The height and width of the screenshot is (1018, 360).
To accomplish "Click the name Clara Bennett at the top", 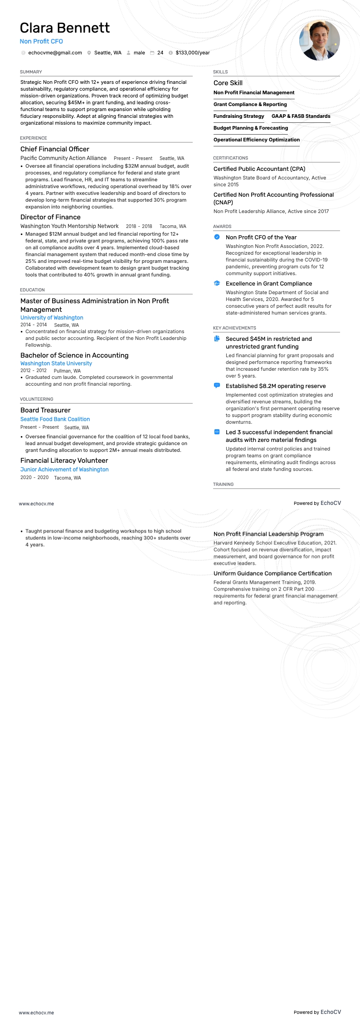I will point(64,28).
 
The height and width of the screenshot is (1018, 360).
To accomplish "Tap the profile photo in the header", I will point(319,40).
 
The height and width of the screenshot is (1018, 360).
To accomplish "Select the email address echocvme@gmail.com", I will point(55,53).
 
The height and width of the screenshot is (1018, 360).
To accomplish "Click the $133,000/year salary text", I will point(192,53).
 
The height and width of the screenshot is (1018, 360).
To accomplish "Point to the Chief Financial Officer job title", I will point(55,149).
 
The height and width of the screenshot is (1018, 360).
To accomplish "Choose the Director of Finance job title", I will point(50,217).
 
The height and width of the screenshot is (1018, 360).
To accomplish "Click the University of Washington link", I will point(52,318).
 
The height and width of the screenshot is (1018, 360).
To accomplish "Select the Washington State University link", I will point(56,364).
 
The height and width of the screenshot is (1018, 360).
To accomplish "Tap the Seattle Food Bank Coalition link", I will point(55,419).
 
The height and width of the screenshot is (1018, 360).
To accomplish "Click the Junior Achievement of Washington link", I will point(64,470).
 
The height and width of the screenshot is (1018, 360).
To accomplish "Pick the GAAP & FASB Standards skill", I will point(301,116).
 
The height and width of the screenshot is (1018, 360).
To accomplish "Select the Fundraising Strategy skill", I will point(238,116).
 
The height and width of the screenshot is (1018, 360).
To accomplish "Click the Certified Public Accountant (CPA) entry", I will point(259,169).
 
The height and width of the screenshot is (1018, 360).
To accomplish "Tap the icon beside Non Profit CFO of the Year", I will point(217,237).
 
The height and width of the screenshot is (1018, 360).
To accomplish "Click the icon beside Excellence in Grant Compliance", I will point(217,283).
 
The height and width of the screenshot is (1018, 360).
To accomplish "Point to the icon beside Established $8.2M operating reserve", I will point(217,386).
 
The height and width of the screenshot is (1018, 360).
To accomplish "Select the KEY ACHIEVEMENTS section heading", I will point(234,328).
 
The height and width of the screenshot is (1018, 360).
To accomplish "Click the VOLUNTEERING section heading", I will point(37,399).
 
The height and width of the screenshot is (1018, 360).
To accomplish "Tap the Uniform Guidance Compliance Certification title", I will point(272,573).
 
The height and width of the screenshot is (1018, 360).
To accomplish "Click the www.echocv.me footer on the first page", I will point(36,504).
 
